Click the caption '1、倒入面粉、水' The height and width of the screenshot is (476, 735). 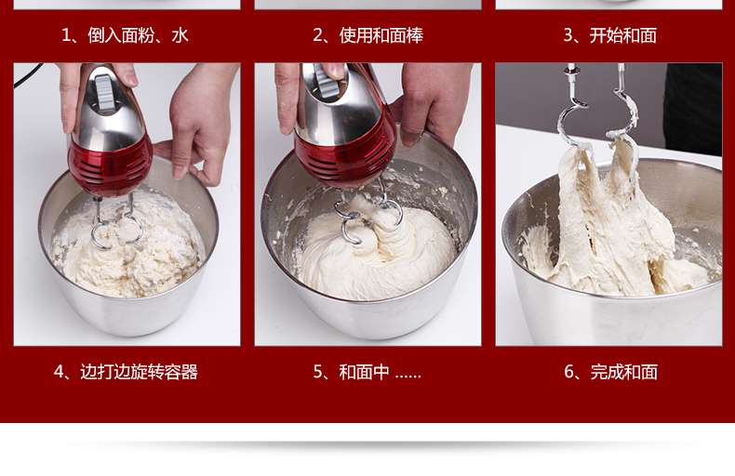click(x=126, y=35)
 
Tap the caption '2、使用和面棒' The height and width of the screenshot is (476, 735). click(x=368, y=35)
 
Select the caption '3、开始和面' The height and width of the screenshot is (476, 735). click(x=609, y=35)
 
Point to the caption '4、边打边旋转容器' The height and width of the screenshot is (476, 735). click(x=126, y=372)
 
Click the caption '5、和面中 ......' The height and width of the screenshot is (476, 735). click(x=367, y=372)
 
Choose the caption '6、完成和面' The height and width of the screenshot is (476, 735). click(x=610, y=372)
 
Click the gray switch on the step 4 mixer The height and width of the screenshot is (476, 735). click(x=105, y=93)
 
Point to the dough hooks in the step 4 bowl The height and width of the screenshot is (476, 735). click(x=117, y=222)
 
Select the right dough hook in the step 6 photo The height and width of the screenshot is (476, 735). click(x=623, y=108)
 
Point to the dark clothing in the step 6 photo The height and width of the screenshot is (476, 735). click(x=693, y=108)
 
